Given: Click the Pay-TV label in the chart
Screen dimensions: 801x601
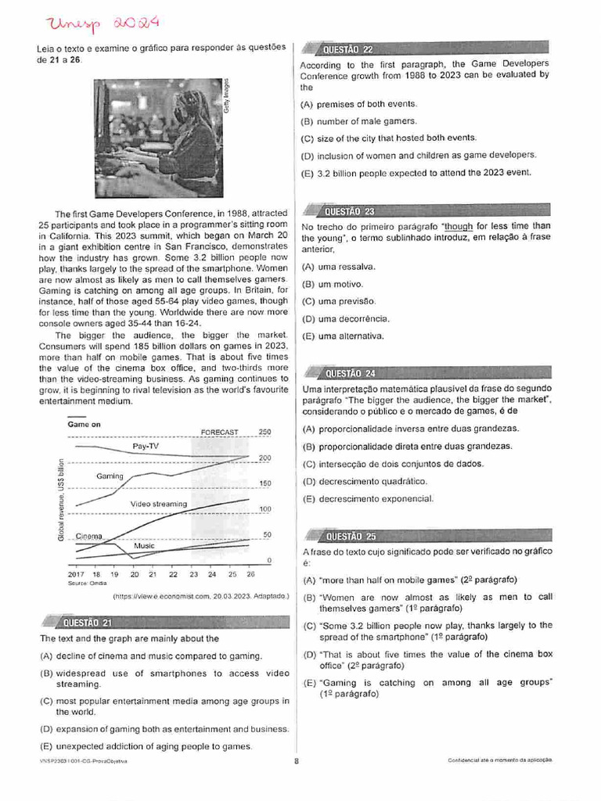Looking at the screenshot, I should [146, 446].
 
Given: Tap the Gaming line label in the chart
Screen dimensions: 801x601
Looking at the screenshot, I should [110, 476].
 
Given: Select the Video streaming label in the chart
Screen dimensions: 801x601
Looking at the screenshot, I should [159, 504].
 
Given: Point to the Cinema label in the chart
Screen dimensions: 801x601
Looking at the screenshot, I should [89, 536].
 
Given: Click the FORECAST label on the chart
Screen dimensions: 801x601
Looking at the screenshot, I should [219, 432].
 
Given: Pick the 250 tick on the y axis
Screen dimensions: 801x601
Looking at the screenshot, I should [265, 432].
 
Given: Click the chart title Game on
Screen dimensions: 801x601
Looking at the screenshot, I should [85, 424].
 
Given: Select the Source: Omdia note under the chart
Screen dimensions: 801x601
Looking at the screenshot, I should [87, 583].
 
